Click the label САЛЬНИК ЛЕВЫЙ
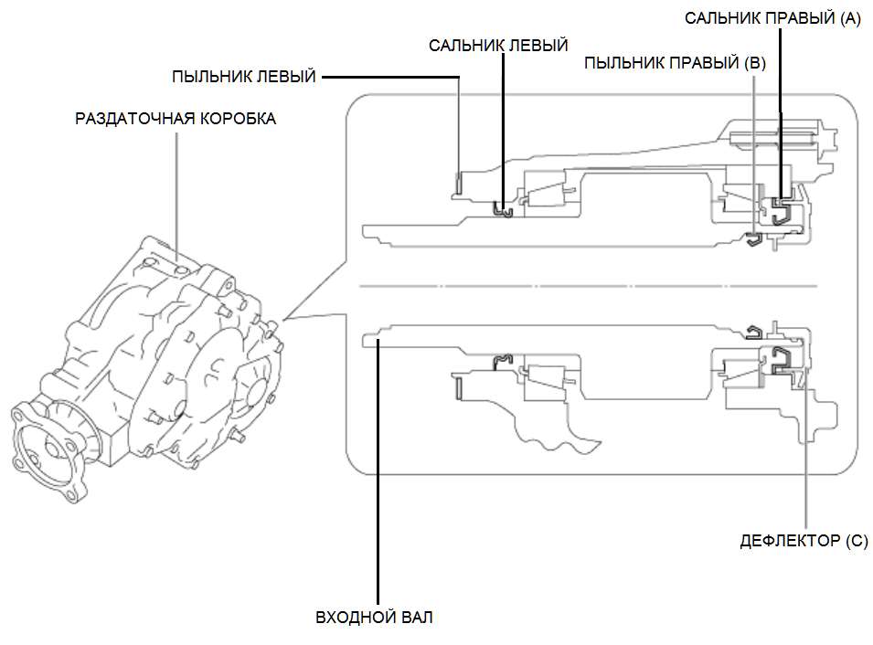(x=498, y=45)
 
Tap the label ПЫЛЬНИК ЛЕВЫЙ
(x=244, y=77)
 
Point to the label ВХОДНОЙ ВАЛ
(x=374, y=618)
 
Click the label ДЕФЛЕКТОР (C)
(x=804, y=541)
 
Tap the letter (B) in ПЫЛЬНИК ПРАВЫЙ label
(x=755, y=64)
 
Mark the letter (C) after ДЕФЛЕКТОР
(x=855, y=541)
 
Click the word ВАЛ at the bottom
(x=416, y=618)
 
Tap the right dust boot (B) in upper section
(x=753, y=239)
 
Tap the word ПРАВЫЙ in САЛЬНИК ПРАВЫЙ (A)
(x=788, y=19)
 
